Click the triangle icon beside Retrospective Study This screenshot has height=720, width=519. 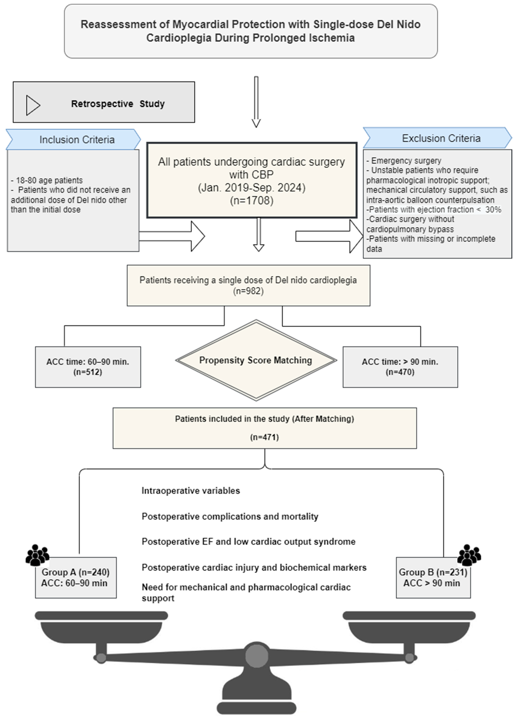[x=33, y=105]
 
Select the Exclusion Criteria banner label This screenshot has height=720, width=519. [x=441, y=138]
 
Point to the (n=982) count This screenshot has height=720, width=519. [x=248, y=291]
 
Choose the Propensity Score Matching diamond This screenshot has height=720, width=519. [x=256, y=360]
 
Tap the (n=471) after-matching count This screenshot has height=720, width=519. [x=264, y=437]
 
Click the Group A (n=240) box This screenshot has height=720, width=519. [x=76, y=578]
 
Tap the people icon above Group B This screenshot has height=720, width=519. [x=469, y=555]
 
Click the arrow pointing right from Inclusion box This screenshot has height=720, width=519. [x=173, y=236]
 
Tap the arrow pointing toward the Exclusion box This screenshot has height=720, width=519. [x=330, y=236]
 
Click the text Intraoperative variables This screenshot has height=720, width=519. [x=191, y=491]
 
